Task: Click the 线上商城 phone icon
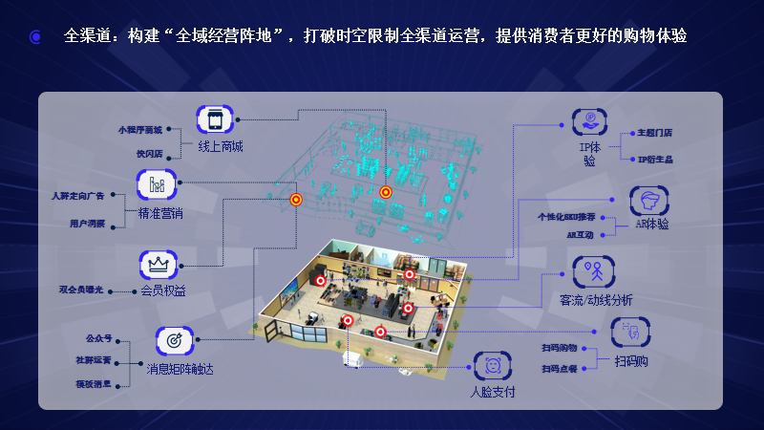tap(215, 120)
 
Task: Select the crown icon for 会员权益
tap(158, 263)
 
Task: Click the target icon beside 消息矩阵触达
tap(175, 340)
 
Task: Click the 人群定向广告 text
tap(77, 196)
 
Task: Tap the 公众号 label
tap(98, 338)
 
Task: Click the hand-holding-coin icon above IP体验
tap(590, 122)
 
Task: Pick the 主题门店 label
tap(654, 134)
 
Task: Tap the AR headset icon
tap(649, 201)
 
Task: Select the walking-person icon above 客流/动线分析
tap(592, 270)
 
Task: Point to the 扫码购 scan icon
tap(629, 332)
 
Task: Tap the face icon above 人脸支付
tap(493, 365)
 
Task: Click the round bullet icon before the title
tap(35, 37)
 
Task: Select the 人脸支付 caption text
tap(493, 392)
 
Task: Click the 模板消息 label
tap(94, 383)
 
